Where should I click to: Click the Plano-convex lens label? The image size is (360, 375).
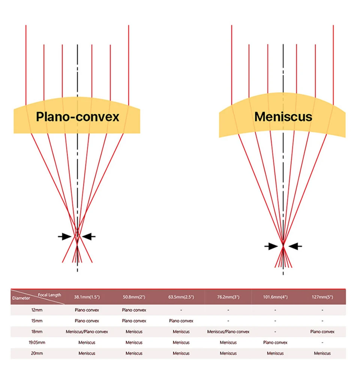(77, 117)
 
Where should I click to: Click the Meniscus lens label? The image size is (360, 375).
(283, 117)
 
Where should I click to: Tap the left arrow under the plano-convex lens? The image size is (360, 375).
(65, 236)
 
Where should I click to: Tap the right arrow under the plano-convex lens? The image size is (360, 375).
(89, 236)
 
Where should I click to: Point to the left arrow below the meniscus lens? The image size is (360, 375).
(271, 246)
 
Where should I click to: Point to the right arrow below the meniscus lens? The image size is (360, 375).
(295, 246)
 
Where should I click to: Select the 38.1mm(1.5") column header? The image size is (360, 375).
(87, 297)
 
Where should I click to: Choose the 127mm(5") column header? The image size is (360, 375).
(322, 297)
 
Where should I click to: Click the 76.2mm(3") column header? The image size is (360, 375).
(228, 297)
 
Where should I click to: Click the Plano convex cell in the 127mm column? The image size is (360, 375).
(322, 331)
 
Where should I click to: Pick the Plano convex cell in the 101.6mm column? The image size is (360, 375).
(275, 342)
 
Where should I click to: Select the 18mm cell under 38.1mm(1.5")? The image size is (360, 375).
(87, 331)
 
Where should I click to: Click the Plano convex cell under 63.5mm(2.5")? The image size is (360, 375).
(181, 321)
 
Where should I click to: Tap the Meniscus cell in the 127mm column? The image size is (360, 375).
(322, 353)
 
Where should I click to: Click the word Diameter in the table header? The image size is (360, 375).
(21, 299)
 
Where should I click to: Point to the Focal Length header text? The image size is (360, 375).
(49, 295)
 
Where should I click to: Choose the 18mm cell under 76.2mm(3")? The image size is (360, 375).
(228, 331)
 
